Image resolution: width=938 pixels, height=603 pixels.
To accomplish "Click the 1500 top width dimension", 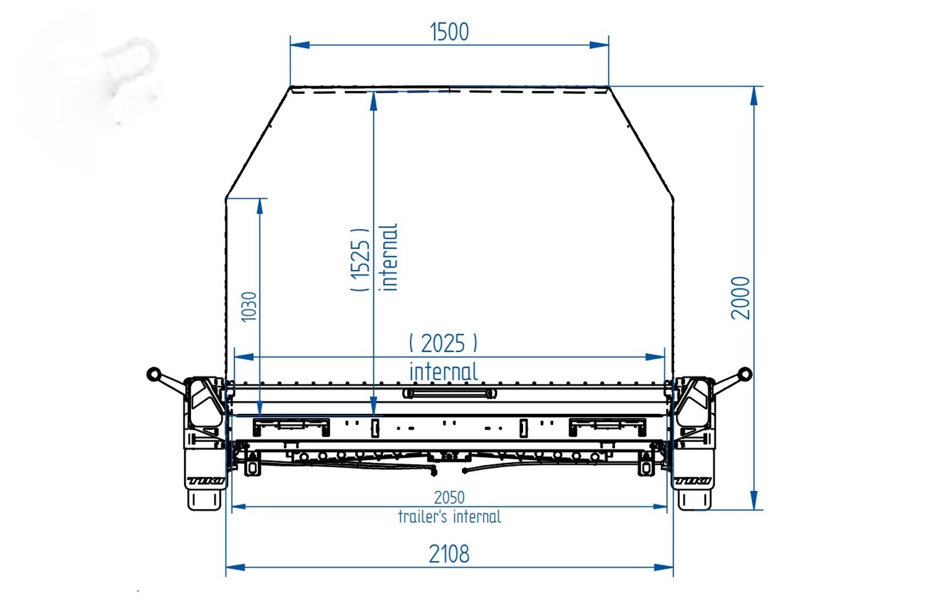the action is (x=449, y=32).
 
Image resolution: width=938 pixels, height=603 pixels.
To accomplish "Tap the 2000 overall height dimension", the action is (x=740, y=298).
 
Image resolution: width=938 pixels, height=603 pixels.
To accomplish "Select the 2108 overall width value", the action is (x=449, y=554).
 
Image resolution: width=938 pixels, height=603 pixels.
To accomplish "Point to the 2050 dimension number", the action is (x=449, y=498).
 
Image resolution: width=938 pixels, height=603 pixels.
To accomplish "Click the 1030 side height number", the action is (x=249, y=307).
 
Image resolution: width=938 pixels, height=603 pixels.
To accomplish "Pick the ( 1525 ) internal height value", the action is (x=361, y=260).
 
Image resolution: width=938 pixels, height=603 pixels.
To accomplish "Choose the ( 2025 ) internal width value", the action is (x=443, y=343).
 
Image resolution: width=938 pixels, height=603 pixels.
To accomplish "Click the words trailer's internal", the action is (x=449, y=517).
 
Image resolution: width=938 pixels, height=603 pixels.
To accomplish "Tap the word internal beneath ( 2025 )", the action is (x=443, y=372).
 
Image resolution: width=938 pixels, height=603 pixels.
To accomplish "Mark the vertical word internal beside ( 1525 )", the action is (x=388, y=257).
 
